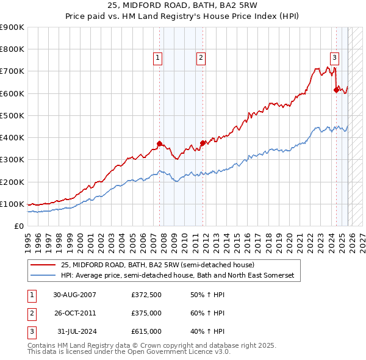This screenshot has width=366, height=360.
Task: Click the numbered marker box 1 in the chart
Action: (158, 58)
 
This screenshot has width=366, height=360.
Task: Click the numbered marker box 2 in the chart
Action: (201, 58)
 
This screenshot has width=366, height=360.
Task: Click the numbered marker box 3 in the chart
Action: (335, 58)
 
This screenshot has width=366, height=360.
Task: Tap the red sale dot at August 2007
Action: (159, 143)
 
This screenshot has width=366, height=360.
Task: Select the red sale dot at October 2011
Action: (203, 143)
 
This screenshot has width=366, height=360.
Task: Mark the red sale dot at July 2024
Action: (335, 90)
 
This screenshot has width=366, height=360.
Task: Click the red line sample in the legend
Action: (43, 265)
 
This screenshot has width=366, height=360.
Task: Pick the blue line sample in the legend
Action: (43, 276)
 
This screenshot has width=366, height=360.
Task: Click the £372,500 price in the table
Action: (146, 295)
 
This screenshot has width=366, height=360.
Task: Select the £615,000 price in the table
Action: (146, 331)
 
